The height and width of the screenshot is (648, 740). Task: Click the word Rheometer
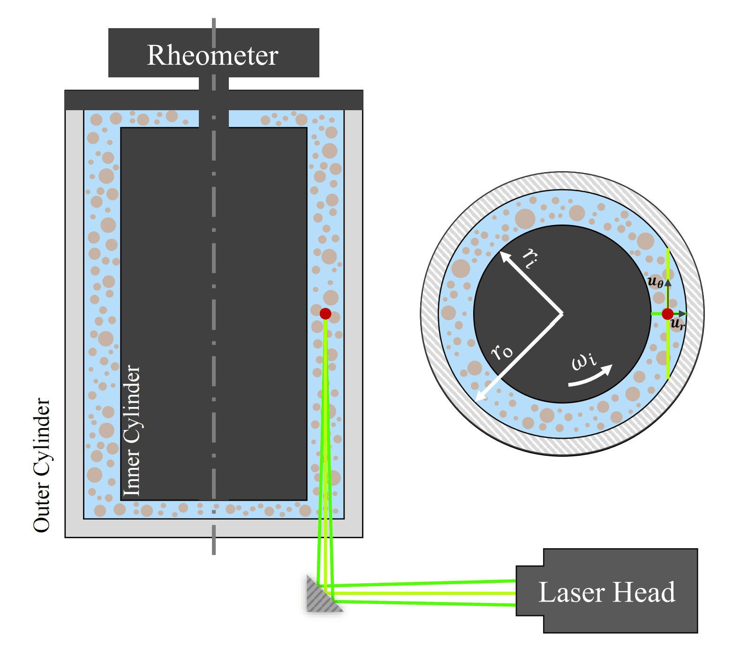212,55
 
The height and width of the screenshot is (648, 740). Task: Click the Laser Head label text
606,592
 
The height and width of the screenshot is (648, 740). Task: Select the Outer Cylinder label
42,465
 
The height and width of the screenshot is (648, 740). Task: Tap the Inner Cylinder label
132,430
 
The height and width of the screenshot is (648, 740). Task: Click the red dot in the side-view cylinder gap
325,314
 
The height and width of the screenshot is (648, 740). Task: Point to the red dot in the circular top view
667,314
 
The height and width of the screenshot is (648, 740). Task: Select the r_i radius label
530,257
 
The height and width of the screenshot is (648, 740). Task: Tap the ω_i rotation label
584,361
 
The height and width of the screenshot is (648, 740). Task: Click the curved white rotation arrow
591,377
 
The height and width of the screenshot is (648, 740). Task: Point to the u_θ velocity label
655,282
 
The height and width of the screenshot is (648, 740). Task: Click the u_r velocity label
678,324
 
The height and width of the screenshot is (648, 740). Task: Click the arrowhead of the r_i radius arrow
504,255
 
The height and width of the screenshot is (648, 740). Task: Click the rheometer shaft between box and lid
214,83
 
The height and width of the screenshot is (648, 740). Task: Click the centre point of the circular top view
562,314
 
